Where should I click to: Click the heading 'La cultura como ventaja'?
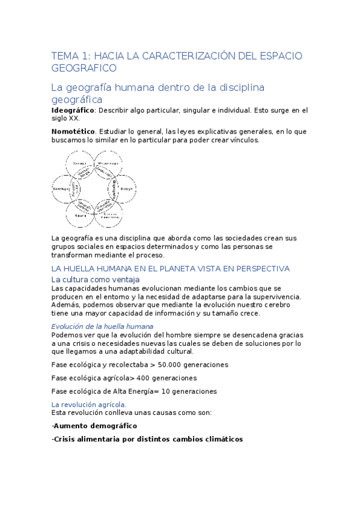[x=96, y=280]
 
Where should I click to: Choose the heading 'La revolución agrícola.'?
[x=89, y=405]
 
